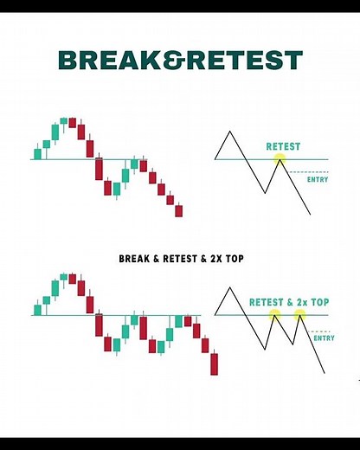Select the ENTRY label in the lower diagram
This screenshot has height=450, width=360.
pos(324,338)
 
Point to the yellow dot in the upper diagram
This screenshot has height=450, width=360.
pos(279,159)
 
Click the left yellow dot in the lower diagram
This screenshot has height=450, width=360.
pos(274,315)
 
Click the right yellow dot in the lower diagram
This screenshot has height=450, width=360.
pos(299,315)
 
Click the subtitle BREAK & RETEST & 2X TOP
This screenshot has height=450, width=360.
pos(179,257)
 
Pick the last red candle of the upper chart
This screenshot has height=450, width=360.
pos(179,210)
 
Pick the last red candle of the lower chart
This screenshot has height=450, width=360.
pos(215,363)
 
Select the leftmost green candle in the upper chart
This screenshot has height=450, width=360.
pos(37,154)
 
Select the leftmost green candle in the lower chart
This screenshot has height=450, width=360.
pos(37,309)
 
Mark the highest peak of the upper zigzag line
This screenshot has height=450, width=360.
pos(229,132)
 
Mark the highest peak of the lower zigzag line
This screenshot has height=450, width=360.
pos(229,286)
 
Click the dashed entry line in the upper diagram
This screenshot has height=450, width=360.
pos(303,172)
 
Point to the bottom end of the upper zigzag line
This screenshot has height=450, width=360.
pos(309,215)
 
